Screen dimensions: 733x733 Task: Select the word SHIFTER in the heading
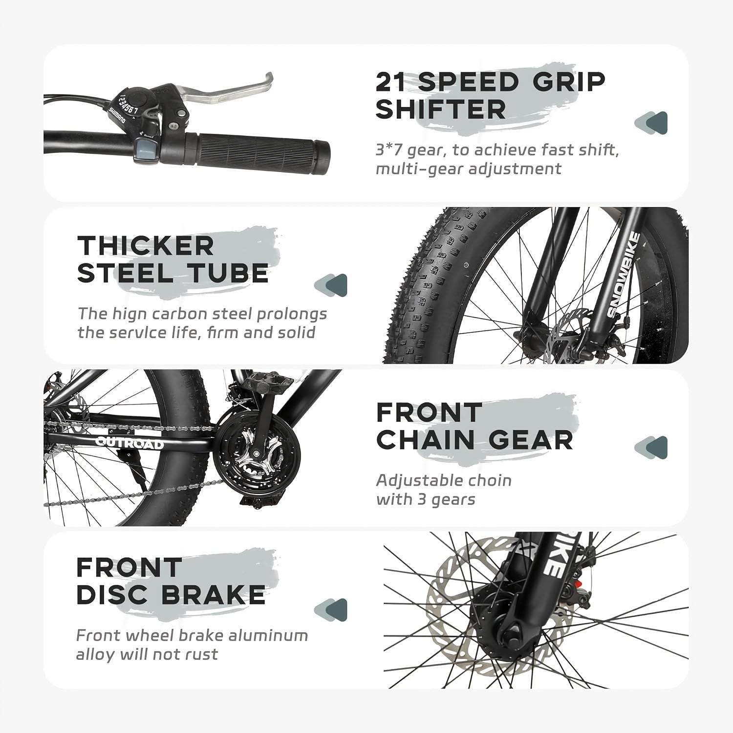click(441, 109)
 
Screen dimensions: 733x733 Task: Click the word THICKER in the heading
click(146, 245)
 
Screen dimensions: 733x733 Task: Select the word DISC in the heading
click(112, 595)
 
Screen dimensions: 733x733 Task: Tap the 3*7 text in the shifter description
click(389, 150)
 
